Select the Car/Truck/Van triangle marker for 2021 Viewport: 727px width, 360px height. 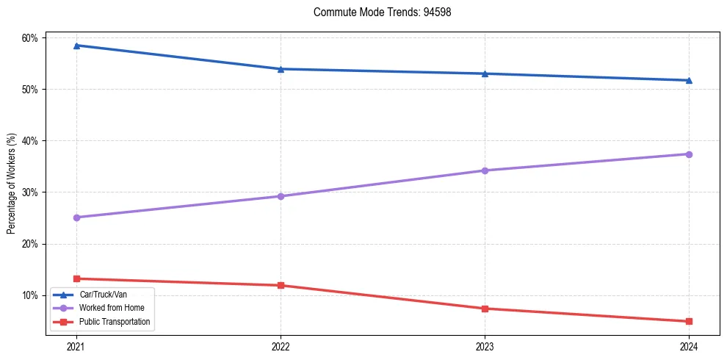[x=76, y=46]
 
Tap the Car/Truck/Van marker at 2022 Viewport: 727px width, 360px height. [x=281, y=69]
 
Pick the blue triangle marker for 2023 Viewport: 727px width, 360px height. [x=485, y=73]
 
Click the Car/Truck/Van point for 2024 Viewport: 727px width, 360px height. [x=689, y=80]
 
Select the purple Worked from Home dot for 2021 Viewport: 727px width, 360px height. [x=76, y=217]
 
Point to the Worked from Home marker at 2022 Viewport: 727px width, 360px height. [x=281, y=196]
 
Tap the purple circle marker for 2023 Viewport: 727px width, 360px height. [x=485, y=170]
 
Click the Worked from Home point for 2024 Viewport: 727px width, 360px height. [x=689, y=154]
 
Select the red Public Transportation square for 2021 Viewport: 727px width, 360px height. [x=76, y=278]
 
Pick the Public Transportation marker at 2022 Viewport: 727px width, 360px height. [x=281, y=285]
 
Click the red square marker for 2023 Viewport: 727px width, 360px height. [x=485, y=309]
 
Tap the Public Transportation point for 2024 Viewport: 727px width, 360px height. [x=689, y=321]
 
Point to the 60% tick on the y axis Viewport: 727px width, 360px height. [x=32, y=38]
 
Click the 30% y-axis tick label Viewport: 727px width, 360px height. [x=32, y=192]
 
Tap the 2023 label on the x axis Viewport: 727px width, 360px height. [x=485, y=346]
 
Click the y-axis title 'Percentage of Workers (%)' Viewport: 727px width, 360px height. [x=11, y=184]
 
